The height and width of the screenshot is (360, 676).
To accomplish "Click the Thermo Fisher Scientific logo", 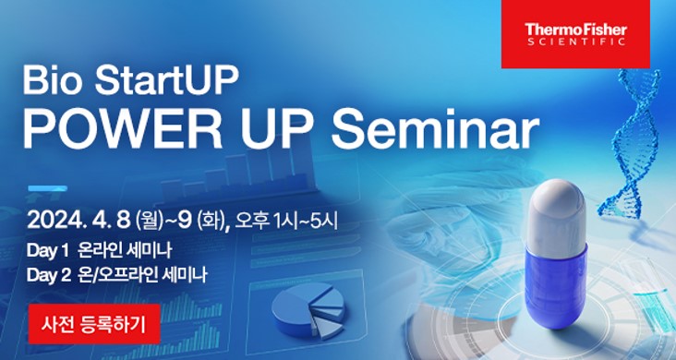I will pos(574,34).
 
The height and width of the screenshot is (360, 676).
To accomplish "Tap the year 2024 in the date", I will pos(56,222).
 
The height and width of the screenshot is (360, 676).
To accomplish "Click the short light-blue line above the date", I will pos(47,188).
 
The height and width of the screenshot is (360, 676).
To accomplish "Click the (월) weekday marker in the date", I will pos(149,222).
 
